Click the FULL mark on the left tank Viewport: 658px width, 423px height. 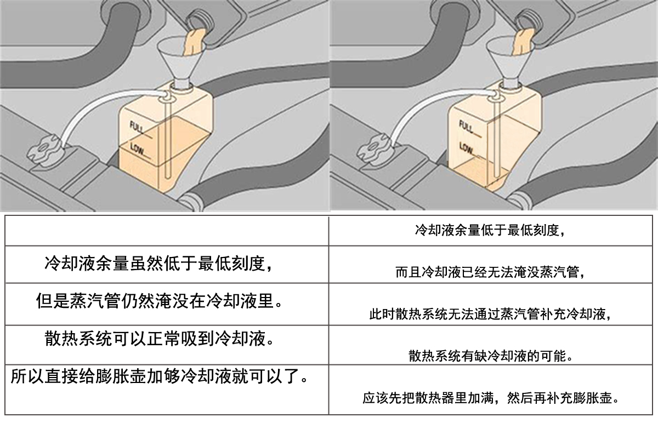point(137,128)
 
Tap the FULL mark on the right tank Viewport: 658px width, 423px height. point(467,127)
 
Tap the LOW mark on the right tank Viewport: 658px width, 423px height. point(467,148)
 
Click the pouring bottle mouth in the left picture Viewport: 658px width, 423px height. point(200,21)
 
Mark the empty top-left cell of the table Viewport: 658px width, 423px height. point(167,231)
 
